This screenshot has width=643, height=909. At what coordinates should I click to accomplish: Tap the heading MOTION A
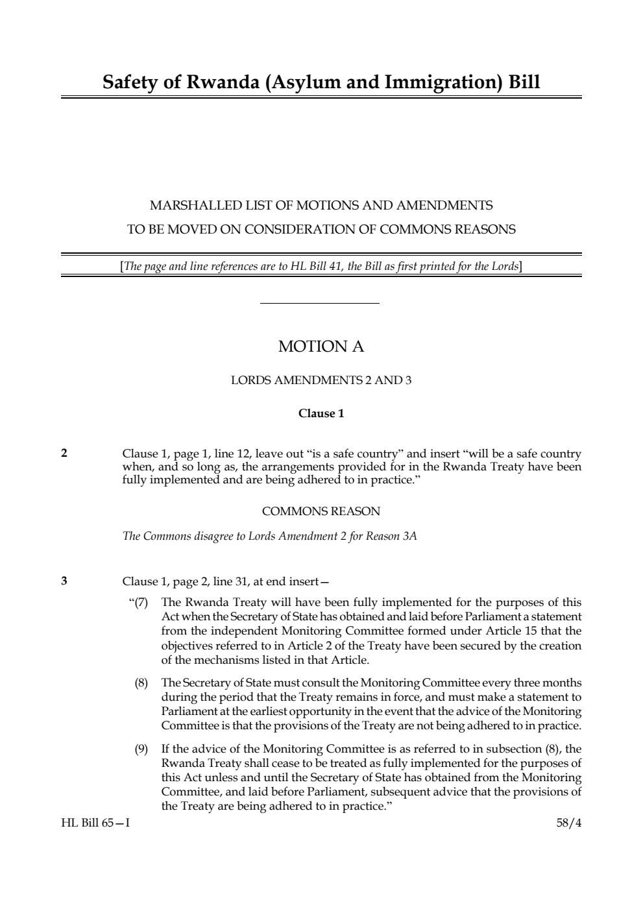(x=321, y=346)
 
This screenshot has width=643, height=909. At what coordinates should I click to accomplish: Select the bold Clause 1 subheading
(x=321, y=413)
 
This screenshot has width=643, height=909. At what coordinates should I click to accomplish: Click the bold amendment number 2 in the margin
(x=64, y=453)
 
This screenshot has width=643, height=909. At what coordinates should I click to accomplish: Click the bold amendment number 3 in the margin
(x=64, y=581)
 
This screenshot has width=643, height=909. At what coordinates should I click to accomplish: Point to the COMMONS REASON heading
(x=321, y=511)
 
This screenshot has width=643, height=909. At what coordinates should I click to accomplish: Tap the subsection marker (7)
(x=140, y=603)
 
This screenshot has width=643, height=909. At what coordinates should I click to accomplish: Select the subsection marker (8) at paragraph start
(x=141, y=683)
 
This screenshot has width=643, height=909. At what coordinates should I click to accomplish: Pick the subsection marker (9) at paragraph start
(x=141, y=749)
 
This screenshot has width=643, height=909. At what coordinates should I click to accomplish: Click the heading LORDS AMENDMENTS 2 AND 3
(x=321, y=380)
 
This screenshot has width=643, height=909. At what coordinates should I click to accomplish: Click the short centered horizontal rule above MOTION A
(x=319, y=303)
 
